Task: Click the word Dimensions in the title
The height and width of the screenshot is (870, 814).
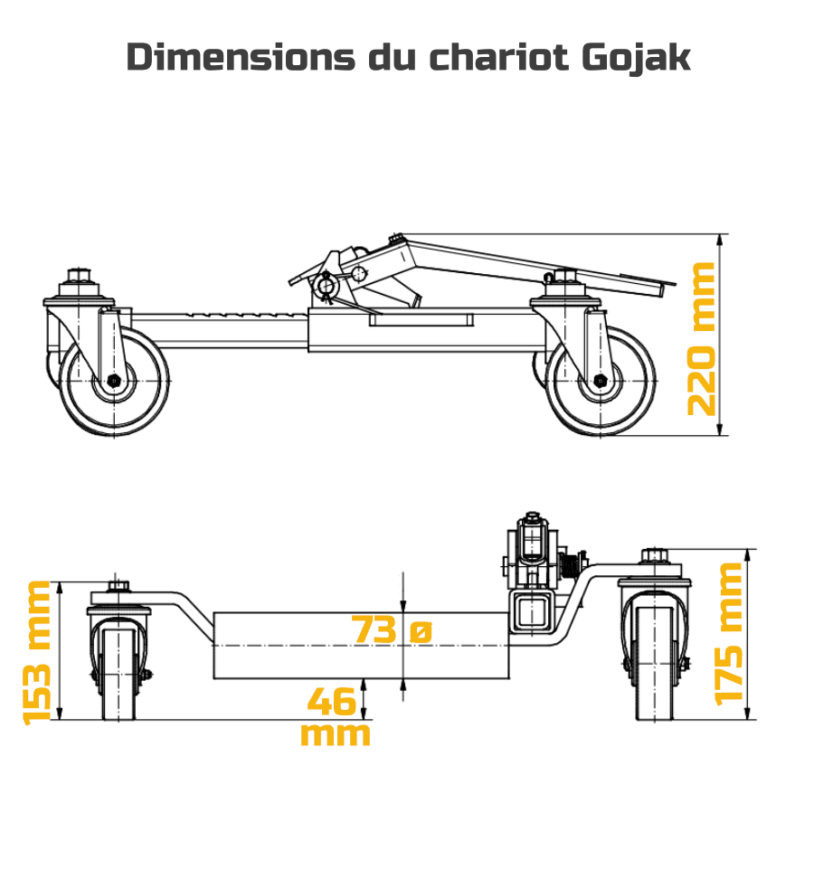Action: pos(241,56)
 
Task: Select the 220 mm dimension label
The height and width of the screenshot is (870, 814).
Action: pos(701,339)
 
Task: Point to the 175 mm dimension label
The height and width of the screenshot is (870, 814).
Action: pos(729,634)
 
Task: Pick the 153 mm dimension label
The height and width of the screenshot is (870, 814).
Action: pos(36,653)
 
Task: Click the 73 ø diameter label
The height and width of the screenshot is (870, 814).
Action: pos(392,629)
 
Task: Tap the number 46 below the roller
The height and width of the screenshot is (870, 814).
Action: pos(331,701)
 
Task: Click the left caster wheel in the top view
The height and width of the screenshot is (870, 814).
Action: pos(114,381)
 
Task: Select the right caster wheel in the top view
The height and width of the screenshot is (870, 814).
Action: pos(600,381)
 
